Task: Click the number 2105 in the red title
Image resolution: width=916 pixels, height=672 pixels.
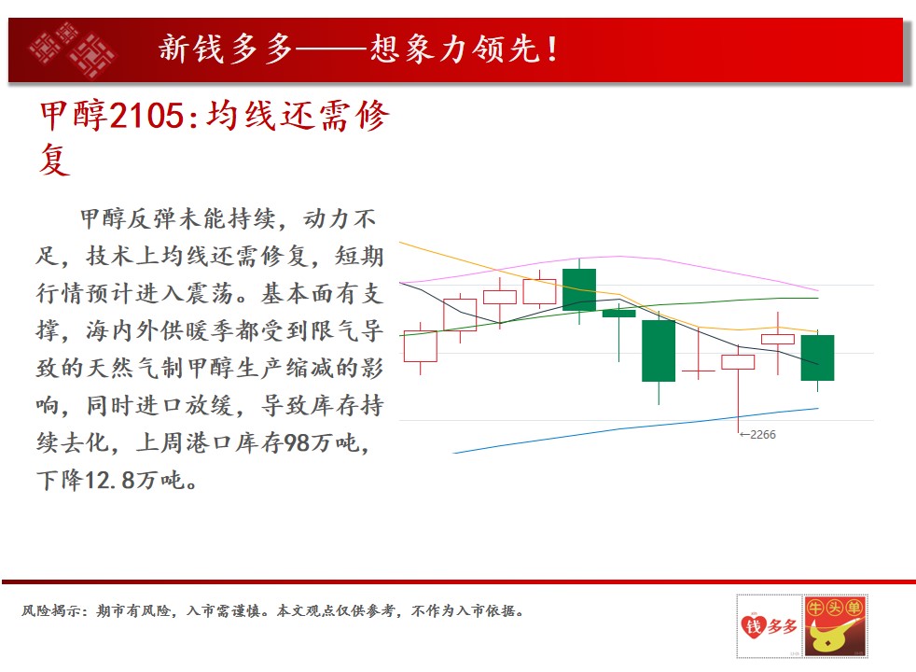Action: (147, 115)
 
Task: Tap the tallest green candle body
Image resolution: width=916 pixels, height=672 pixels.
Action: (659, 351)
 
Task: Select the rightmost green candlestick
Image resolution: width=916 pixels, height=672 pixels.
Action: (817, 357)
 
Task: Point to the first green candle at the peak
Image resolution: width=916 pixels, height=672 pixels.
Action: (579, 290)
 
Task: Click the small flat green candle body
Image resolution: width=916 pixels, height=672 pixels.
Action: (618, 314)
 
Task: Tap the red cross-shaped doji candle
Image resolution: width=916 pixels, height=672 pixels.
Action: (698, 371)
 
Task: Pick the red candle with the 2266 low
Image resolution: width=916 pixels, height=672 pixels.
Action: (738, 362)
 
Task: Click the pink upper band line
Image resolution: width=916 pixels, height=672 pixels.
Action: (609, 257)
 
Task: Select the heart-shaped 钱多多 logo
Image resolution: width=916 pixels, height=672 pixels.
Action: (769, 626)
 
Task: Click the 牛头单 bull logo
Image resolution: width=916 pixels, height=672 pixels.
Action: (835, 626)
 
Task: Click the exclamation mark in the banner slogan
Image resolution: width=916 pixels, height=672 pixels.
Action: (552, 49)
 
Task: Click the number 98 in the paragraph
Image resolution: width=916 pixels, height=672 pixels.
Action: (297, 443)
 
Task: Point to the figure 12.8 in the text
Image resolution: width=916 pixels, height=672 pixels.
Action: (110, 481)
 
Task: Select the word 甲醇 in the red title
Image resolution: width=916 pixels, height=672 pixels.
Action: (74, 115)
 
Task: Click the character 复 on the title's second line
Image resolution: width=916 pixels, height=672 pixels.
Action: (54, 159)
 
